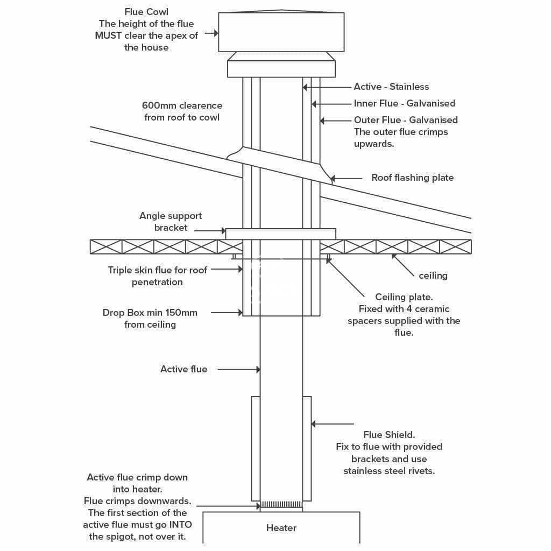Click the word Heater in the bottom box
click(281, 527)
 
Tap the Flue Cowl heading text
click(146, 12)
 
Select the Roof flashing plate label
click(412, 178)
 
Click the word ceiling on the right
click(433, 275)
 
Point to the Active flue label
click(183, 369)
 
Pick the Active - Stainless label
click(391, 87)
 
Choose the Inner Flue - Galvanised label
click(404, 103)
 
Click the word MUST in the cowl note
click(108, 36)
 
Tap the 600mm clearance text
click(182, 111)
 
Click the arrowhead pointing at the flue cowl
click(216, 34)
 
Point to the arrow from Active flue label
click(239, 369)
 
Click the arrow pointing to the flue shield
click(333, 424)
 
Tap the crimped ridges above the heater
click(281, 505)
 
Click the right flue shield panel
click(307, 449)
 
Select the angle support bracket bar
click(280, 234)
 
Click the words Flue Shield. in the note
click(389, 435)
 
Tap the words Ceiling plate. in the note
click(404, 297)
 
